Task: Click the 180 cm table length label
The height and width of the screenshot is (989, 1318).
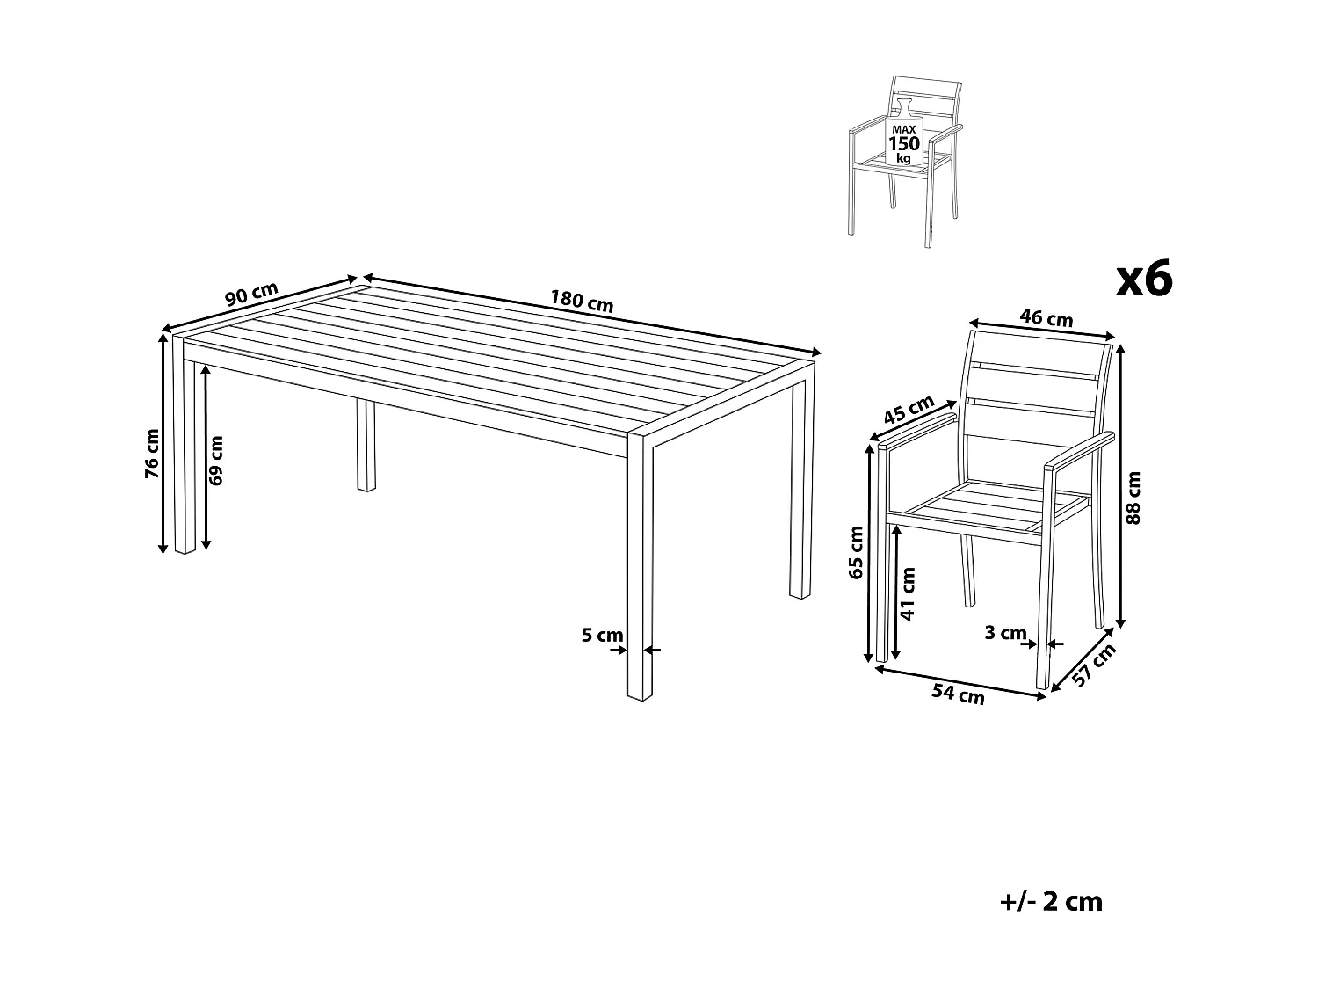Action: [581, 301]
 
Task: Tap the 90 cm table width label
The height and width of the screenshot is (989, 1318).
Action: [251, 295]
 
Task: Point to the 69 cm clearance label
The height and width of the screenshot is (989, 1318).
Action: [216, 460]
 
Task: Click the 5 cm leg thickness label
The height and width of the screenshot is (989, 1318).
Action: [602, 635]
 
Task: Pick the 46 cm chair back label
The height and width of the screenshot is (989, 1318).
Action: [1046, 317]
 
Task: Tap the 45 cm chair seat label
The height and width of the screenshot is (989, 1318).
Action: [908, 411]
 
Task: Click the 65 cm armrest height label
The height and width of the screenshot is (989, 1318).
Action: [857, 552]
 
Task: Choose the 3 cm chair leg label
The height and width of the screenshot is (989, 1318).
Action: [1005, 632]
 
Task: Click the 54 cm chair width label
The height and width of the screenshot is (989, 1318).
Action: [958, 694]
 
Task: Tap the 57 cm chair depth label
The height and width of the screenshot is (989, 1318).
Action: [1095, 665]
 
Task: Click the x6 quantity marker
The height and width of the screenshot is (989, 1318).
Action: [1143, 280]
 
